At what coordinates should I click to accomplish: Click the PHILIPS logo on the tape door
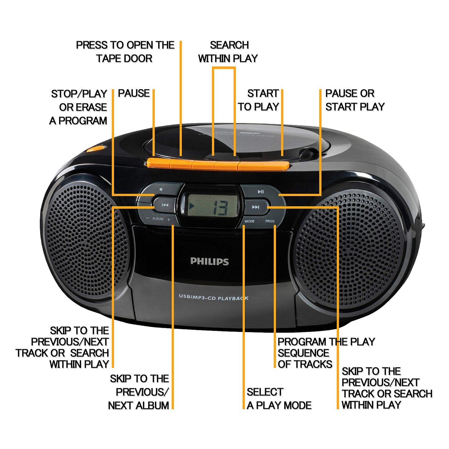tap(209, 261)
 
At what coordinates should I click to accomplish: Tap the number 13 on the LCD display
tap(221, 208)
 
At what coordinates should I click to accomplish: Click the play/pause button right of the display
tap(260, 192)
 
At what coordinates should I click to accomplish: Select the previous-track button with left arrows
tap(165, 205)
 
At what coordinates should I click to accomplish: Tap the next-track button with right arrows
tap(256, 207)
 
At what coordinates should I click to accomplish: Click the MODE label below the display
tap(249, 222)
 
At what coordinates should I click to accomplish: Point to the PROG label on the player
tap(270, 221)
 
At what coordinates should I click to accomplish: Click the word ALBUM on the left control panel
tap(158, 219)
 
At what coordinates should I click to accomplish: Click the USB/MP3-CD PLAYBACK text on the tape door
tap(213, 297)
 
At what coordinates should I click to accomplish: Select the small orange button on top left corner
tap(95, 148)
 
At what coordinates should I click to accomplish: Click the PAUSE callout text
tap(134, 93)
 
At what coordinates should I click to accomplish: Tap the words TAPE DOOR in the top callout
tap(124, 58)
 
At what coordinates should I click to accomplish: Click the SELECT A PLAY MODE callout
tap(279, 399)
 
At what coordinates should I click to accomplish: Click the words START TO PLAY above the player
tap(259, 100)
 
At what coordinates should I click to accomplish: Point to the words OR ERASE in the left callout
tap(83, 107)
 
